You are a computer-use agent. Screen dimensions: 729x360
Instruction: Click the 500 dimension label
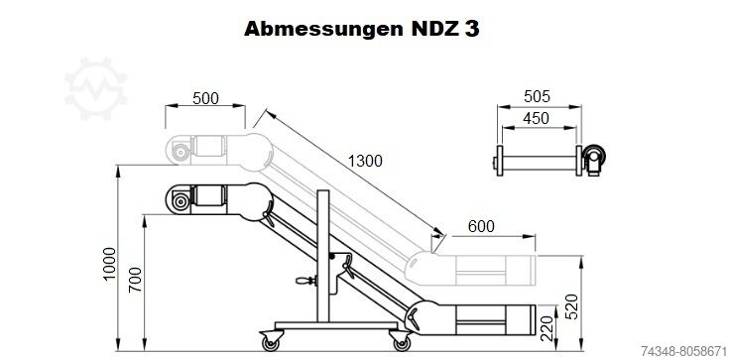(205, 98)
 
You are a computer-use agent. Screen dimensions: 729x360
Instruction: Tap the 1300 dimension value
(365, 161)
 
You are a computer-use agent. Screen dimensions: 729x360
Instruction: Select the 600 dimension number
(481, 226)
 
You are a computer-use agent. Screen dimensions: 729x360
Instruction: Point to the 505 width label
(537, 97)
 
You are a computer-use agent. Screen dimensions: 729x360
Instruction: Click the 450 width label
(536, 119)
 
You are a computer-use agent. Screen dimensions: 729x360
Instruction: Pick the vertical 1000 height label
(109, 263)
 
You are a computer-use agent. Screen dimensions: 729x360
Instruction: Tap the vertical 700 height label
(135, 279)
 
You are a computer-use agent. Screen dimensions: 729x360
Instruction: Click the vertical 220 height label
(547, 328)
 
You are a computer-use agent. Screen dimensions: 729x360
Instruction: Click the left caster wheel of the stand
(270, 343)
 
